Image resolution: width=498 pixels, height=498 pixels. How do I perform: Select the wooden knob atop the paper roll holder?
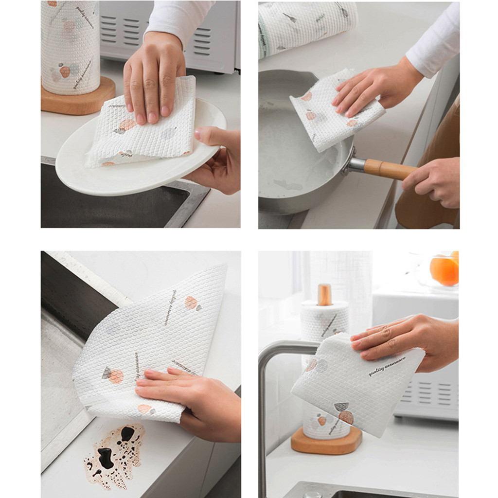(324, 295)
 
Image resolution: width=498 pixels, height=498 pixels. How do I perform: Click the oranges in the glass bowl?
(445, 269)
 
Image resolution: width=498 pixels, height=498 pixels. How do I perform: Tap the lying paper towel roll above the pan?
(306, 24)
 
